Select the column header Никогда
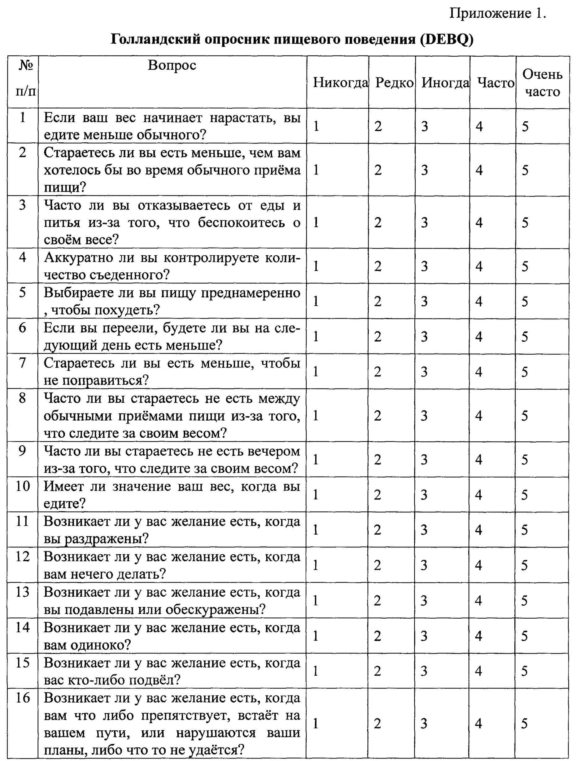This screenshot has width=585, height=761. [340, 83]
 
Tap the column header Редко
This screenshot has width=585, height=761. [394, 83]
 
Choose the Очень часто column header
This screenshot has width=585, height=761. [542, 83]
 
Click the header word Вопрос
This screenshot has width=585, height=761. [172, 65]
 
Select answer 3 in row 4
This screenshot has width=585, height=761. [424, 266]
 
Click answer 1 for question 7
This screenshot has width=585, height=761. [316, 372]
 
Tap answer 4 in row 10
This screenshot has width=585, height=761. [479, 495]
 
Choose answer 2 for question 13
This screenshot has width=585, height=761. [378, 601]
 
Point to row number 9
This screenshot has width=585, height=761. [22, 451]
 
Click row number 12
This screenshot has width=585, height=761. [22, 556]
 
